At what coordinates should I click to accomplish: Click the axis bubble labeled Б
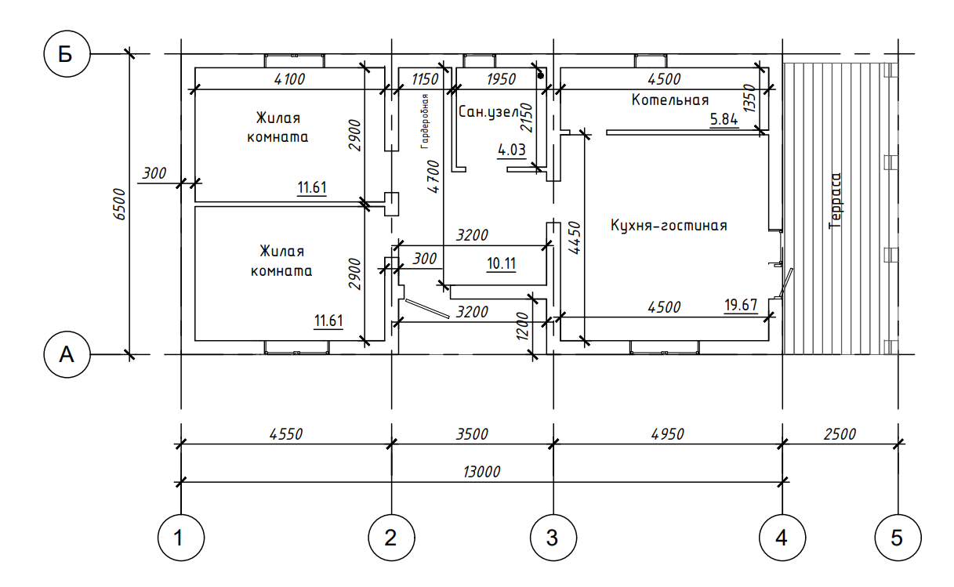click(x=67, y=55)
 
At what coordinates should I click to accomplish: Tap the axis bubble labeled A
click(x=67, y=355)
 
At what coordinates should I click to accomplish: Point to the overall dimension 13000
click(x=481, y=472)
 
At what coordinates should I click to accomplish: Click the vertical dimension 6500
click(x=120, y=205)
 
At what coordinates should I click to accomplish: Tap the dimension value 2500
click(x=840, y=433)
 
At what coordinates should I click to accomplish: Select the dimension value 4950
click(x=667, y=433)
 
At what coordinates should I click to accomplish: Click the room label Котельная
click(x=669, y=100)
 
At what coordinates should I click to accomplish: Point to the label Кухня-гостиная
click(x=669, y=226)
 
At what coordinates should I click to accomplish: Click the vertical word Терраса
click(x=835, y=201)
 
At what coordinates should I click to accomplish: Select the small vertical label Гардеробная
click(x=424, y=121)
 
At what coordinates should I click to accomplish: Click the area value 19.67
click(x=741, y=306)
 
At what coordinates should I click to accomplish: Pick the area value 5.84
click(x=724, y=120)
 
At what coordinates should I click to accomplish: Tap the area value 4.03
click(x=513, y=149)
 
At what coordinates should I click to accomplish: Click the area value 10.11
click(x=501, y=263)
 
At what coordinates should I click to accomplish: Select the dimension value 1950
click(x=502, y=78)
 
